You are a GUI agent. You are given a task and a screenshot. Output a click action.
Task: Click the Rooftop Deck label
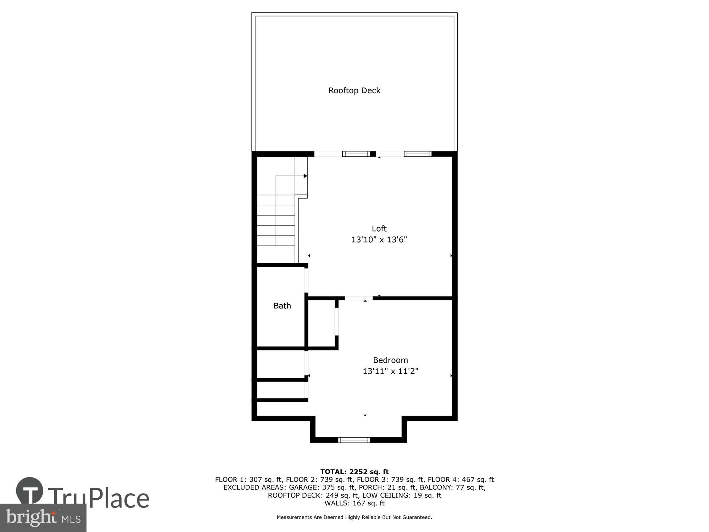(x=354, y=90)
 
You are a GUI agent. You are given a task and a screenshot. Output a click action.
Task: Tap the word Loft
(x=379, y=228)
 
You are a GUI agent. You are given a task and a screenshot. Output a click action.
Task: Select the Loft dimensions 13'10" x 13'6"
(x=379, y=240)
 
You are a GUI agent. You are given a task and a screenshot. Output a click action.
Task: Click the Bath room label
(x=282, y=306)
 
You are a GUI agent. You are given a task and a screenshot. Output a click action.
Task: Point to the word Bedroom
(x=390, y=360)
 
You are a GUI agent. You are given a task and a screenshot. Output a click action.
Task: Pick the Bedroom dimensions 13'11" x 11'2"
(x=390, y=371)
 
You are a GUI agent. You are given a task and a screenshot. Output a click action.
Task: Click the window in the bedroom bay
(x=354, y=440)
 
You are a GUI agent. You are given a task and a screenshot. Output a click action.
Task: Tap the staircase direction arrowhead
(x=305, y=176)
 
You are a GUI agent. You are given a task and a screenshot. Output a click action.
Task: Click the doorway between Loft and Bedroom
(x=359, y=298)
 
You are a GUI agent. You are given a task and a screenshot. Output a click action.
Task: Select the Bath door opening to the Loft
(x=306, y=281)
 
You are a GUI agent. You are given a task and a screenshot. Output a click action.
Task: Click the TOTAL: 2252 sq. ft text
(x=354, y=472)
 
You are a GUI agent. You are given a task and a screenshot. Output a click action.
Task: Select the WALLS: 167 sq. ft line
(x=354, y=503)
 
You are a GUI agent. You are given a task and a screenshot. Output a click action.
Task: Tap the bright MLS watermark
(x=43, y=518)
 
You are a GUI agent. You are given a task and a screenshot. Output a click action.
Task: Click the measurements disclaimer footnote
(x=354, y=517)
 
